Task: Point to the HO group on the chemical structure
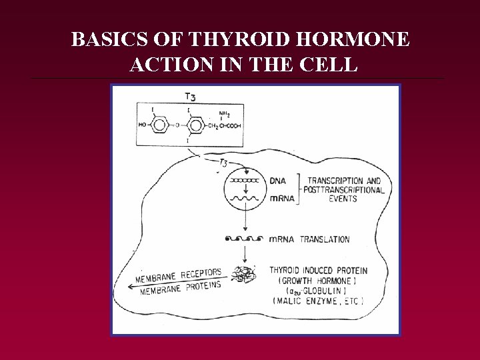(143, 124)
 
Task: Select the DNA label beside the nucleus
(279, 181)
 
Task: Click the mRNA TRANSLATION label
(309, 239)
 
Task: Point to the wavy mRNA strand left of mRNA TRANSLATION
(244, 239)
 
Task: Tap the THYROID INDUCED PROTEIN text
(318, 270)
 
